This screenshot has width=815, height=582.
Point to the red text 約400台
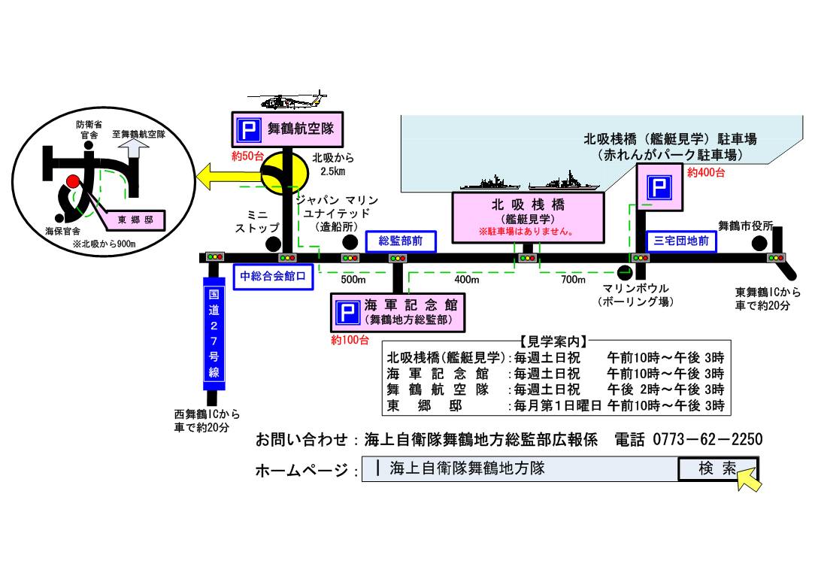pos(706,173)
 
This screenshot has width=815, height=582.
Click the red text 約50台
pos(247,157)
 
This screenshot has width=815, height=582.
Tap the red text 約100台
pos(350,340)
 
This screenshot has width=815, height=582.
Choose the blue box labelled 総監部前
pos(400,241)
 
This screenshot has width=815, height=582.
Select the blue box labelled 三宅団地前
pos(681,241)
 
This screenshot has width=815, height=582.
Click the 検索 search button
pos(717,468)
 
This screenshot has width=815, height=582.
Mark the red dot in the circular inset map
pos(72,182)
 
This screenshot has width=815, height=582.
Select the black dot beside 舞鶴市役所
pos(760,243)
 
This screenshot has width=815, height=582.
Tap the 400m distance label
pos(466,280)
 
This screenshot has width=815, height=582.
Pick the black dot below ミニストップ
pos(273,244)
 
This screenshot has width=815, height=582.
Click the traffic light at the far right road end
pos(775,257)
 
